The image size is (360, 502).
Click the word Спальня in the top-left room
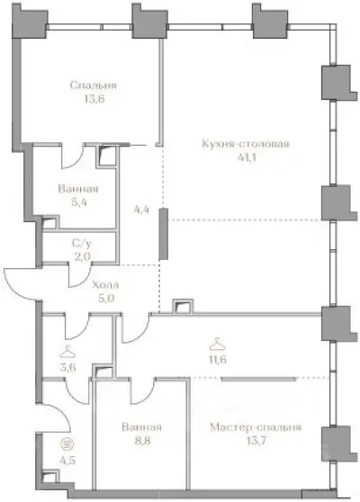(x=94, y=85)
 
